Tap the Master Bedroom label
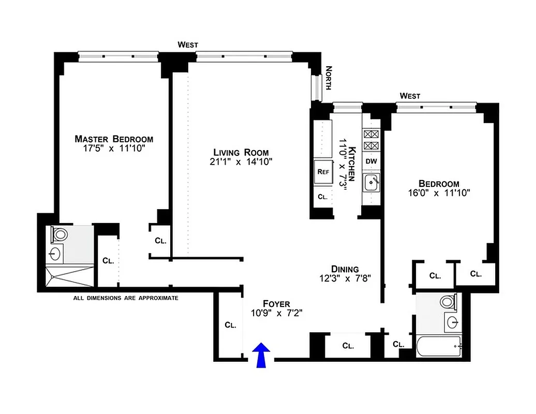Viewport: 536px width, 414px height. point(114,139)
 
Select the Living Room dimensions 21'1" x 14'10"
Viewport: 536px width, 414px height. point(241,161)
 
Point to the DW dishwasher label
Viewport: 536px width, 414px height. point(371,161)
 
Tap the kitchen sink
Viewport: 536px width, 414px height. point(371,182)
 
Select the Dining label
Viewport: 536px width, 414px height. point(345,269)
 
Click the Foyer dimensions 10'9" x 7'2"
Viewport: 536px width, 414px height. point(276,313)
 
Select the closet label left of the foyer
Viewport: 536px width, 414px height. point(230,325)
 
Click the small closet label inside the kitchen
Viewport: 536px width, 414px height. point(322,197)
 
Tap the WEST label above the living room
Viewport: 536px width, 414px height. point(188,45)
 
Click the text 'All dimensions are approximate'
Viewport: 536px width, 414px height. point(126,298)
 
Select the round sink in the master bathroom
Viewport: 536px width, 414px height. point(56,254)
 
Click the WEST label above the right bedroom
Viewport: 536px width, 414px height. point(410,96)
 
